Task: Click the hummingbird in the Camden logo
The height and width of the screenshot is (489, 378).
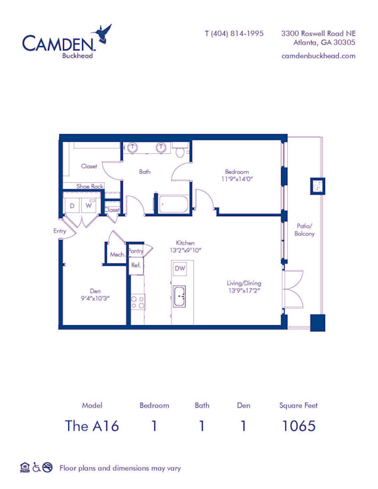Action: tap(102, 33)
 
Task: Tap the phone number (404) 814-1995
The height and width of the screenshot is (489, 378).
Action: tap(238, 33)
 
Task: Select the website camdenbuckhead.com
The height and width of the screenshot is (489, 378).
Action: tap(318, 56)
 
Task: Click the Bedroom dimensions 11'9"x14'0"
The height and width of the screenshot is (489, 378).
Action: tap(237, 179)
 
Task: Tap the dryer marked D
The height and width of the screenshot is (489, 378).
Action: tap(72, 206)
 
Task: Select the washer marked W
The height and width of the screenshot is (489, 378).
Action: tap(89, 205)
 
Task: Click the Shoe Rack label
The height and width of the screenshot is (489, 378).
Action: tap(90, 186)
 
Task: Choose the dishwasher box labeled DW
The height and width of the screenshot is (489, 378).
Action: tap(180, 268)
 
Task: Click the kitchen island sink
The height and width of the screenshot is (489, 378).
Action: tap(180, 296)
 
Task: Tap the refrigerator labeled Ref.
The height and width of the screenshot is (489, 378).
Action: tap(136, 265)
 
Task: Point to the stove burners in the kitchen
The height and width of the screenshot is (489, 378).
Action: tap(137, 302)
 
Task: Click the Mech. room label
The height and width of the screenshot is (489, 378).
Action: tap(118, 255)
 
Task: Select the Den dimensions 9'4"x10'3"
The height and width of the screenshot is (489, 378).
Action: tap(95, 299)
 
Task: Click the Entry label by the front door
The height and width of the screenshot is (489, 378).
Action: tap(60, 231)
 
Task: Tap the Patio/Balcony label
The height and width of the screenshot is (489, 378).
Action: tap(304, 229)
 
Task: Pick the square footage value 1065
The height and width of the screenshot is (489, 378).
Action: tap(299, 426)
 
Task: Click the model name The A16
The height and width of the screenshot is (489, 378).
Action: tap(92, 426)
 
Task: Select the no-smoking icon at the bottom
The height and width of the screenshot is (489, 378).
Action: tap(47, 467)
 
